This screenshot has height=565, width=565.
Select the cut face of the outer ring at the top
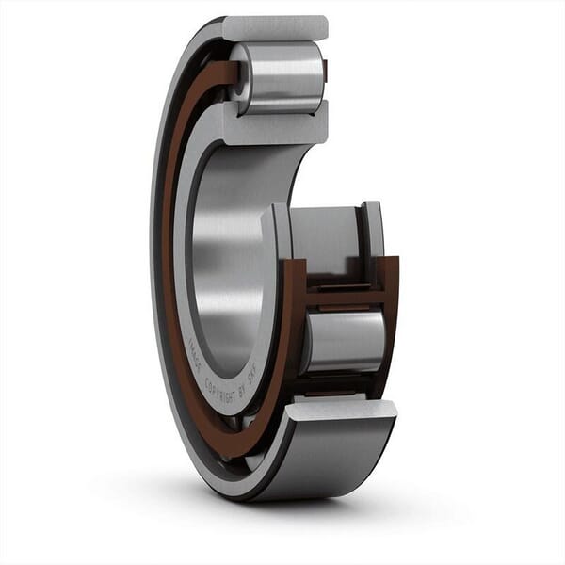tap(276, 28)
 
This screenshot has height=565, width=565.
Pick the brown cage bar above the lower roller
tap(345, 297)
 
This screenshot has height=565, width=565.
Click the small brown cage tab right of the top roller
tap(325, 71)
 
